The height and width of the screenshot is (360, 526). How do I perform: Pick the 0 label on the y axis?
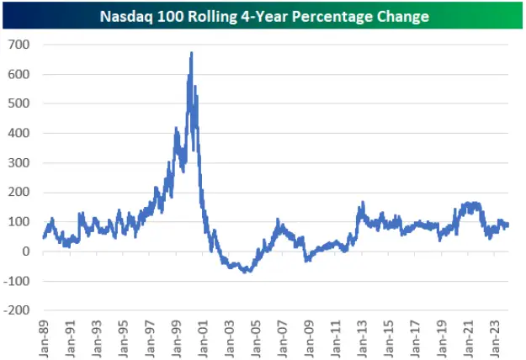25,251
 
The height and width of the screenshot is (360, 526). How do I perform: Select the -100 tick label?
16,281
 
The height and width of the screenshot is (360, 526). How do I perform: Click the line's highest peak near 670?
192,53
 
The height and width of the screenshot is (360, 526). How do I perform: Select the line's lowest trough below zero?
245,272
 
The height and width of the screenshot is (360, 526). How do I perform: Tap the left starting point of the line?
43,236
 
